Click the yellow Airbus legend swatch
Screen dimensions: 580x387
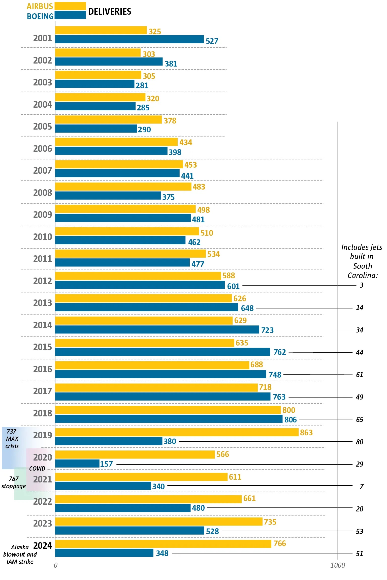[x=70, y=6]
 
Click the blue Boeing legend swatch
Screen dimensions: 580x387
[x=70, y=15]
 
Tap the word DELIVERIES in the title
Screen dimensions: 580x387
[x=110, y=12]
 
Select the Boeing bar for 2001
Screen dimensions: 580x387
[x=129, y=39]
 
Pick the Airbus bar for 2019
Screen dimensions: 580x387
[x=176, y=432]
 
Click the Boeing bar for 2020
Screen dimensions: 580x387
[x=77, y=464]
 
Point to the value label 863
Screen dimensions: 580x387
[x=306, y=433]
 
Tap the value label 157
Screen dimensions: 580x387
[x=106, y=464]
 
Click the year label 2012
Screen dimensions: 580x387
[x=42, y=281]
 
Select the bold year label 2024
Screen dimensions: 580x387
[x=42, y=546]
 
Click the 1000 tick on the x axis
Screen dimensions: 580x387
[x=338, y=565]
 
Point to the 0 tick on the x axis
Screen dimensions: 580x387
[x=55, y=565]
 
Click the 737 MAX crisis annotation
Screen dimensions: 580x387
[x=12, y=439]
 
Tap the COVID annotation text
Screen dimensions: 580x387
[x=37, y=469]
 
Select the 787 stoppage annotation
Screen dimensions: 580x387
[x=14, y=482]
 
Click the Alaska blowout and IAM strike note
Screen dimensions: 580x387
[x=20, y=555]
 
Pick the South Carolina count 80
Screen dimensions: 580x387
[x=360, y=442]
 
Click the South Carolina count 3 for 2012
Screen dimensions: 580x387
[x=361, y=285]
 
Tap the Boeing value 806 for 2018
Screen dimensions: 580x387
[x=291, y=420]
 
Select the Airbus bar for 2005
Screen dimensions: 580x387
[x=108, y=119]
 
